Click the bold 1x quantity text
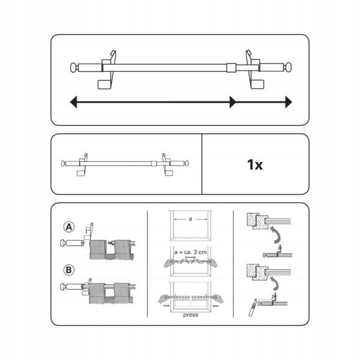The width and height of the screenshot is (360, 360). [255, 164]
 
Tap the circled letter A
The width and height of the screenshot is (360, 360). [69, 227]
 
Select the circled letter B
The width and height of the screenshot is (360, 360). [68, 270]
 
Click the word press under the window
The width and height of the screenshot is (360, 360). [191, 315]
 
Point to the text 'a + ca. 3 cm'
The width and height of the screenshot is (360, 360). [191, 252]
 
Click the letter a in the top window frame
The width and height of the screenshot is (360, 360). [190, 219]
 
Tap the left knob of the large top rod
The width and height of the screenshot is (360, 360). [74, 67]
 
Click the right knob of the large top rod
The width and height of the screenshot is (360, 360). [288, 67]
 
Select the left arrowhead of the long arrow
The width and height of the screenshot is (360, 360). [73, 102]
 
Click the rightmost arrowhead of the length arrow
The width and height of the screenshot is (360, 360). [289, 102]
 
